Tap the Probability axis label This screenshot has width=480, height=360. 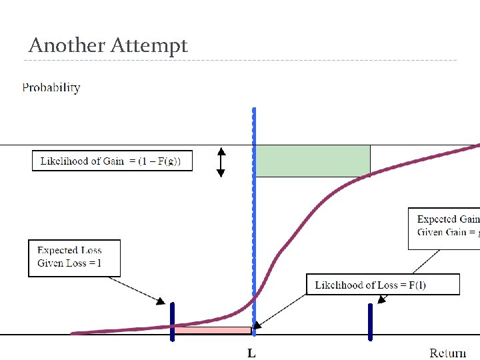pyautogui.click(x=51, y=87)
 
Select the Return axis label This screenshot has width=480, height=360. pyautogui.click(x=447, y=353)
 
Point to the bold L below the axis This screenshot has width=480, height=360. pyautogui.click(x=251, y=353)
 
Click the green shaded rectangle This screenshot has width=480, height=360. pyautogui.click(x=313, y=161)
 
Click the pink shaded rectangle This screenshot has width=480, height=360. pyautogui.click(x=212, y=330)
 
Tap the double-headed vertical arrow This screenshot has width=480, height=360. pyautogui.click(x=221, y=162)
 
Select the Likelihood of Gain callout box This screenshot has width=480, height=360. pyautogui.click(x=112, y=161)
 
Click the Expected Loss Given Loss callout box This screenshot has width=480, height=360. pyautogui.click(x=75, y=258)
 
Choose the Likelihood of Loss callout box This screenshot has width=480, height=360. pyautogui.click(x=383, y=285)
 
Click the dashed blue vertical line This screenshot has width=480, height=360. pyautogui.click(x=254, y=200)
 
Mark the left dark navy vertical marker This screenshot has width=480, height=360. pyautogui.click(x=172, y=321)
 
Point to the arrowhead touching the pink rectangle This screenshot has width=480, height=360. pyautogui.click(x=257, y=326)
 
